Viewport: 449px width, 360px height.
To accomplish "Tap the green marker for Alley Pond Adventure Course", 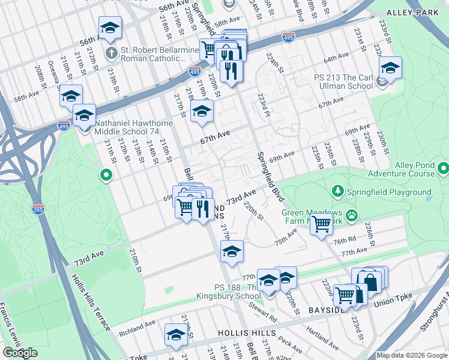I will [443, 167].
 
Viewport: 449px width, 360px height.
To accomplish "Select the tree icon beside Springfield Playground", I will [338, 192].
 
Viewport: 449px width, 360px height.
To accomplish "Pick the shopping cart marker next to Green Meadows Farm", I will [322, 224].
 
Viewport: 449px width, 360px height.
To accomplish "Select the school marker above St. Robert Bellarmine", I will [110, 28].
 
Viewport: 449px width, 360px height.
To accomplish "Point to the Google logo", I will [20, 353].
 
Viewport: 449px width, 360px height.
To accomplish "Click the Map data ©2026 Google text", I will [412, 355].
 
